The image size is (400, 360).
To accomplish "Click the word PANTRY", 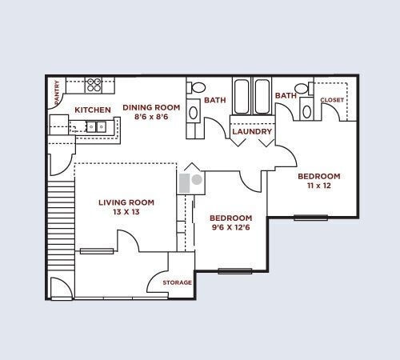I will pyautogui.click(x=57, y=93).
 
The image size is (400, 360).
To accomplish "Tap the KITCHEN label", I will pyautogui.click(x=93, y=110).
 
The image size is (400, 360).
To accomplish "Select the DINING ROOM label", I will pyautogui.click(x=151, y=107).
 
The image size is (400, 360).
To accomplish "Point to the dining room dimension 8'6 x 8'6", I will pyautogui.click(x=151, y=117).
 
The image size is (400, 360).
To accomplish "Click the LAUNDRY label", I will pyautogui.click(x=253, y=131).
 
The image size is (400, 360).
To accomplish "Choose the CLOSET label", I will pyautogui.click(x=331, y=100).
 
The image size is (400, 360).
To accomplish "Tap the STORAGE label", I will pyautogui.click(x=177, y=282).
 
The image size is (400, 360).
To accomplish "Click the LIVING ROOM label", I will pyautogui.click(x=126, y=202).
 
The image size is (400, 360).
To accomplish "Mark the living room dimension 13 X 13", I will pyautogui.click(x=126, y=213).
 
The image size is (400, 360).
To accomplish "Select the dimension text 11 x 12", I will pyautogui.click(x=319, y=186).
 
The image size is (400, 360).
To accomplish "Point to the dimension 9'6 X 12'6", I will pyautogui.click(x=230, y=228).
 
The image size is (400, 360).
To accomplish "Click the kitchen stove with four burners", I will pyautogui.click(x=94, y=83).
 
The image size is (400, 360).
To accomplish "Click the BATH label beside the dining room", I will pyautogui.click(x=214, y=100).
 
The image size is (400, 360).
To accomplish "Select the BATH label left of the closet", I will pyautogui.click(x=286, y=96).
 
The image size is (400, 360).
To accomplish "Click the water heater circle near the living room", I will pyautogui.click(x=197, y=179).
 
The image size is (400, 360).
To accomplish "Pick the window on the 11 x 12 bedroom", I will pyautogui.click(x=310, y=217).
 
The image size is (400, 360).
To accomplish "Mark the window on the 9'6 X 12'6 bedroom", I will pyautogui.click(x=234, y=270).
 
